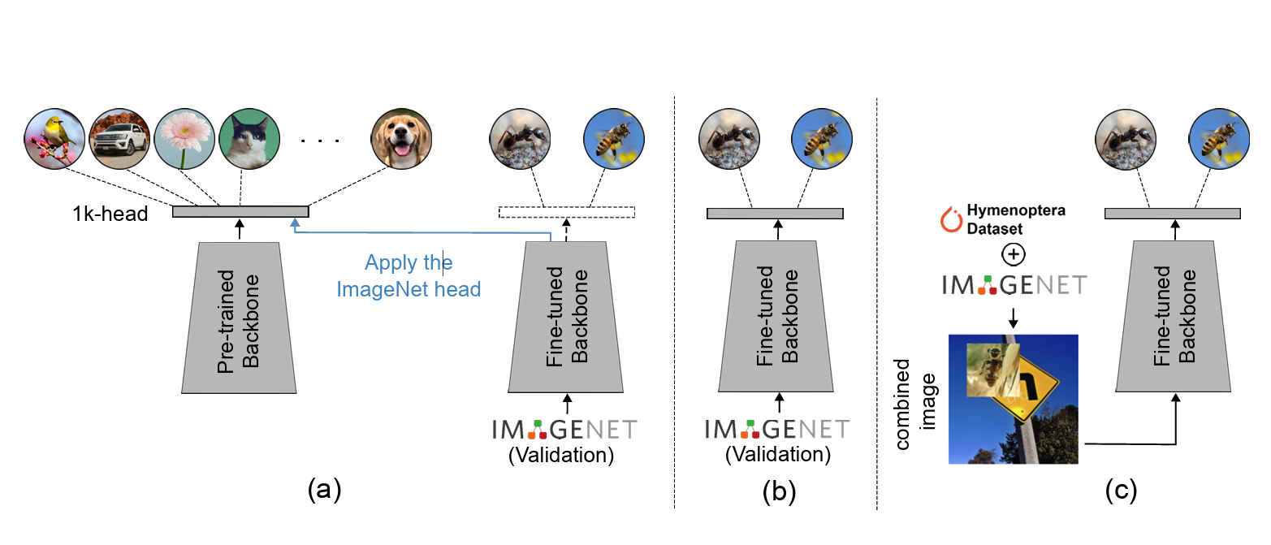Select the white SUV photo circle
(119, 139)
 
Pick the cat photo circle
(249, 139)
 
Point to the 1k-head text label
(109, 215)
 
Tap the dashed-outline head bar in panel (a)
(566, 213)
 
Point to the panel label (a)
(323, 489)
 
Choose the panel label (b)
(778, 489)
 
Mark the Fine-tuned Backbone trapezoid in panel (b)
(776, 317)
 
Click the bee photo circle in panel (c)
(1218, 139)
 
